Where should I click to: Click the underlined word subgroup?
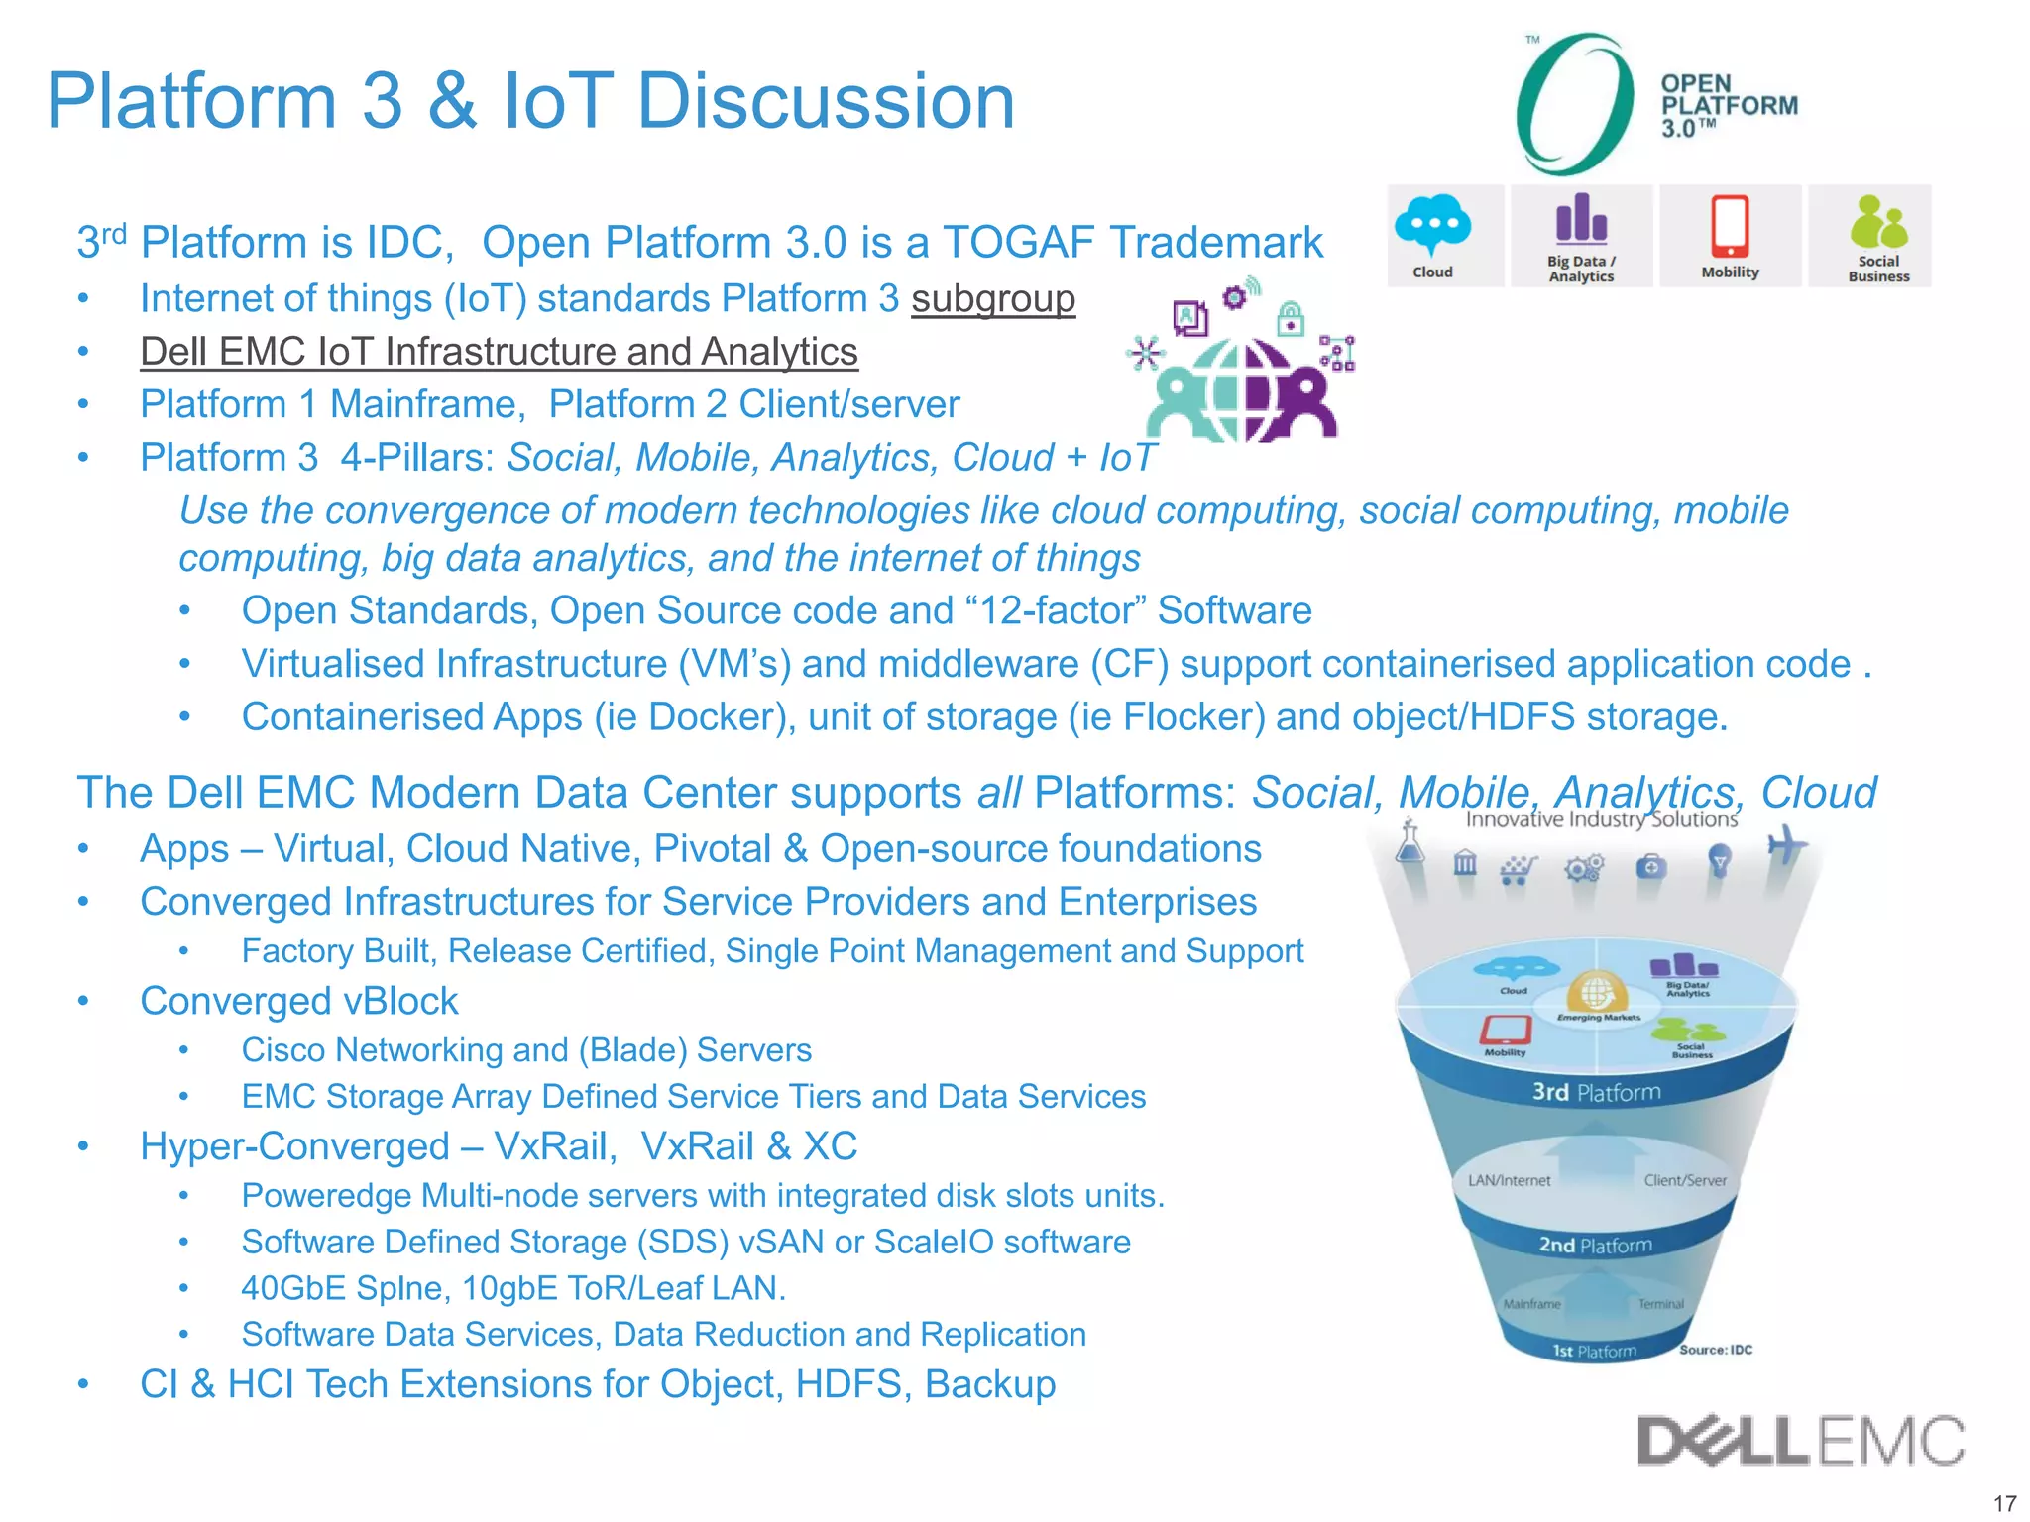(992, 299)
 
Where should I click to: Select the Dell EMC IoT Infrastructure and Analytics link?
(499, 352)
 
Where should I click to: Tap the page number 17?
(2004, 1502)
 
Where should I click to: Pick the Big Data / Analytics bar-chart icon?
(1581, 220)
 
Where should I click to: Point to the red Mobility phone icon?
(1730, 226)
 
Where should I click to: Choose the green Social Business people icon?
(1877, 222)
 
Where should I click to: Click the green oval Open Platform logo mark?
(1574, 103)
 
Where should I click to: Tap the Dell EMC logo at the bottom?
(1800, 1441)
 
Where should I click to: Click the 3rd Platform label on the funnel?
(1596, 1092)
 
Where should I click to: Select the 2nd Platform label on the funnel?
(1595, 1245)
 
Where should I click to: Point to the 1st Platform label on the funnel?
(1594, 1351)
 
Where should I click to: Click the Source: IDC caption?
(1716, 1350)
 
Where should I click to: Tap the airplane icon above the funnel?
(1785, 845)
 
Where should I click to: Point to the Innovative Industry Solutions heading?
(1601, 819)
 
